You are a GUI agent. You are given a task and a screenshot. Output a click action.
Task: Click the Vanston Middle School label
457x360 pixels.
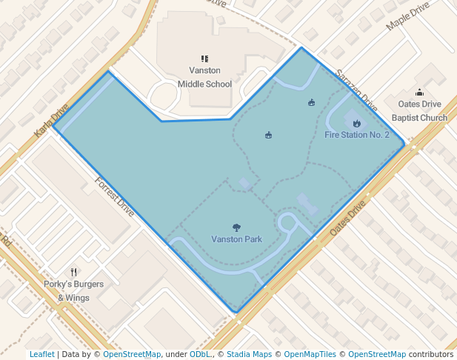[x=204, y=77]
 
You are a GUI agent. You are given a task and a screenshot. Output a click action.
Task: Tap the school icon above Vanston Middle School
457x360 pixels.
[x=205, y=59]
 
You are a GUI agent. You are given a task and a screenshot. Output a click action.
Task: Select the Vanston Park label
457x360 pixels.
[x=236, y=239]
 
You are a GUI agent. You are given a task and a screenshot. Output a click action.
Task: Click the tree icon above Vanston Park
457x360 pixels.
[x=236, y=227]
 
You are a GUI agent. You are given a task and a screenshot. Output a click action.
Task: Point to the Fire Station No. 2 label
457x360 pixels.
[x=356, y=135]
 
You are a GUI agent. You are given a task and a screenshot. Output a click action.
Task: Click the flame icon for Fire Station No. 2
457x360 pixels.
[x=356, y=123]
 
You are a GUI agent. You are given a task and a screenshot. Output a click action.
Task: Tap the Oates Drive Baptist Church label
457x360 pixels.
[x=419, y=111]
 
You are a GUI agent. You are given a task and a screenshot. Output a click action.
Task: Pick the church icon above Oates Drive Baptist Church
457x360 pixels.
[x=420, y=93]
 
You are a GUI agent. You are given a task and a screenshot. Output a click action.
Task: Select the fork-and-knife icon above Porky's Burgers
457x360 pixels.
[x=73, y=272]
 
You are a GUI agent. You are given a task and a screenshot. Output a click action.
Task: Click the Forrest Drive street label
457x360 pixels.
[x=114, y=196]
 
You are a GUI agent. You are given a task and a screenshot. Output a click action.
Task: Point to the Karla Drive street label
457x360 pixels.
[x=51, y=121]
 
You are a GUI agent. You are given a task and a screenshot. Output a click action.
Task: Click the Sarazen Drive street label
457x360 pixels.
[x=357, y=90]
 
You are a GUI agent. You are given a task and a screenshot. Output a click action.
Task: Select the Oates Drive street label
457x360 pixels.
[x=349, y=220]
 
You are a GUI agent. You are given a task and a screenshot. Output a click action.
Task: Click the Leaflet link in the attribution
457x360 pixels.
[x=41, y=354]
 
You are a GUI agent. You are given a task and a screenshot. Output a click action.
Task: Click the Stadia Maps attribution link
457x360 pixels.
[x=249, y=354]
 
